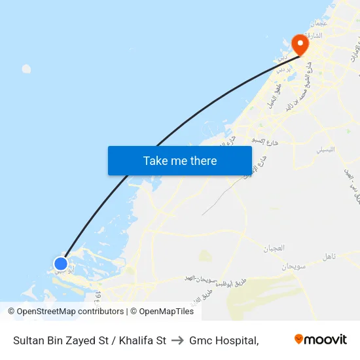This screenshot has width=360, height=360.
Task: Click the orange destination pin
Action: pyautogui.click(x=300, y=44)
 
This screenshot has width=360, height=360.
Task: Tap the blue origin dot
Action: pyautogui.click(x=60, y=264)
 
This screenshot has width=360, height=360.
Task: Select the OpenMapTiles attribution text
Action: pyautogui.click(x=164, y=312)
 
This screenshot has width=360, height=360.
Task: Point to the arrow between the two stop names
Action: pyautogui.click(x=177, y=340)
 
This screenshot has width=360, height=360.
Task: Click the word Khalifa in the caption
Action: pyautogui.click(x=137, y=340)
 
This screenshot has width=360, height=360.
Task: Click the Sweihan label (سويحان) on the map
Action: pyautogui.click(x=294, y=267)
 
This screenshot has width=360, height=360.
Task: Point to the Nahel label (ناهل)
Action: pyautogui.click(x=329, y=257)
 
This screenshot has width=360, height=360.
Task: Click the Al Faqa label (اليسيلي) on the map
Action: pyautogui.click(x=325, y=149)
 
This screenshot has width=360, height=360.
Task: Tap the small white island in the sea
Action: pyautogui.click(x=26, y=69)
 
